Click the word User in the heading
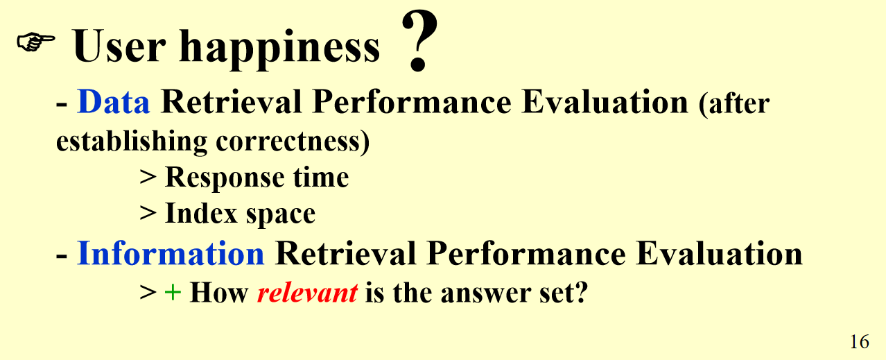tap(119, 46)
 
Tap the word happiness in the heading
tap(279, 49)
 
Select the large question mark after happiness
tap(419, 41)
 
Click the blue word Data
tap(114, 102)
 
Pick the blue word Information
tap(171, 253)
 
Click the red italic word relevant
tap(307, 293)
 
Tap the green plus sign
tap(173, 293)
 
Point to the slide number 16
tap(860, 341)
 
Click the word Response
tap(224, 178)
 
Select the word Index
tap(201, 213)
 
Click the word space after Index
tap(281, 215)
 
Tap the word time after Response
tap(321, 178)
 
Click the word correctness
tap(293, 142)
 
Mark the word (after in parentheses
tap(734, 103)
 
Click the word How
tap(219, 293)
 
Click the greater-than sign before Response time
tap(148, 177)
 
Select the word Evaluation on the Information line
tap(720, 253)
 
